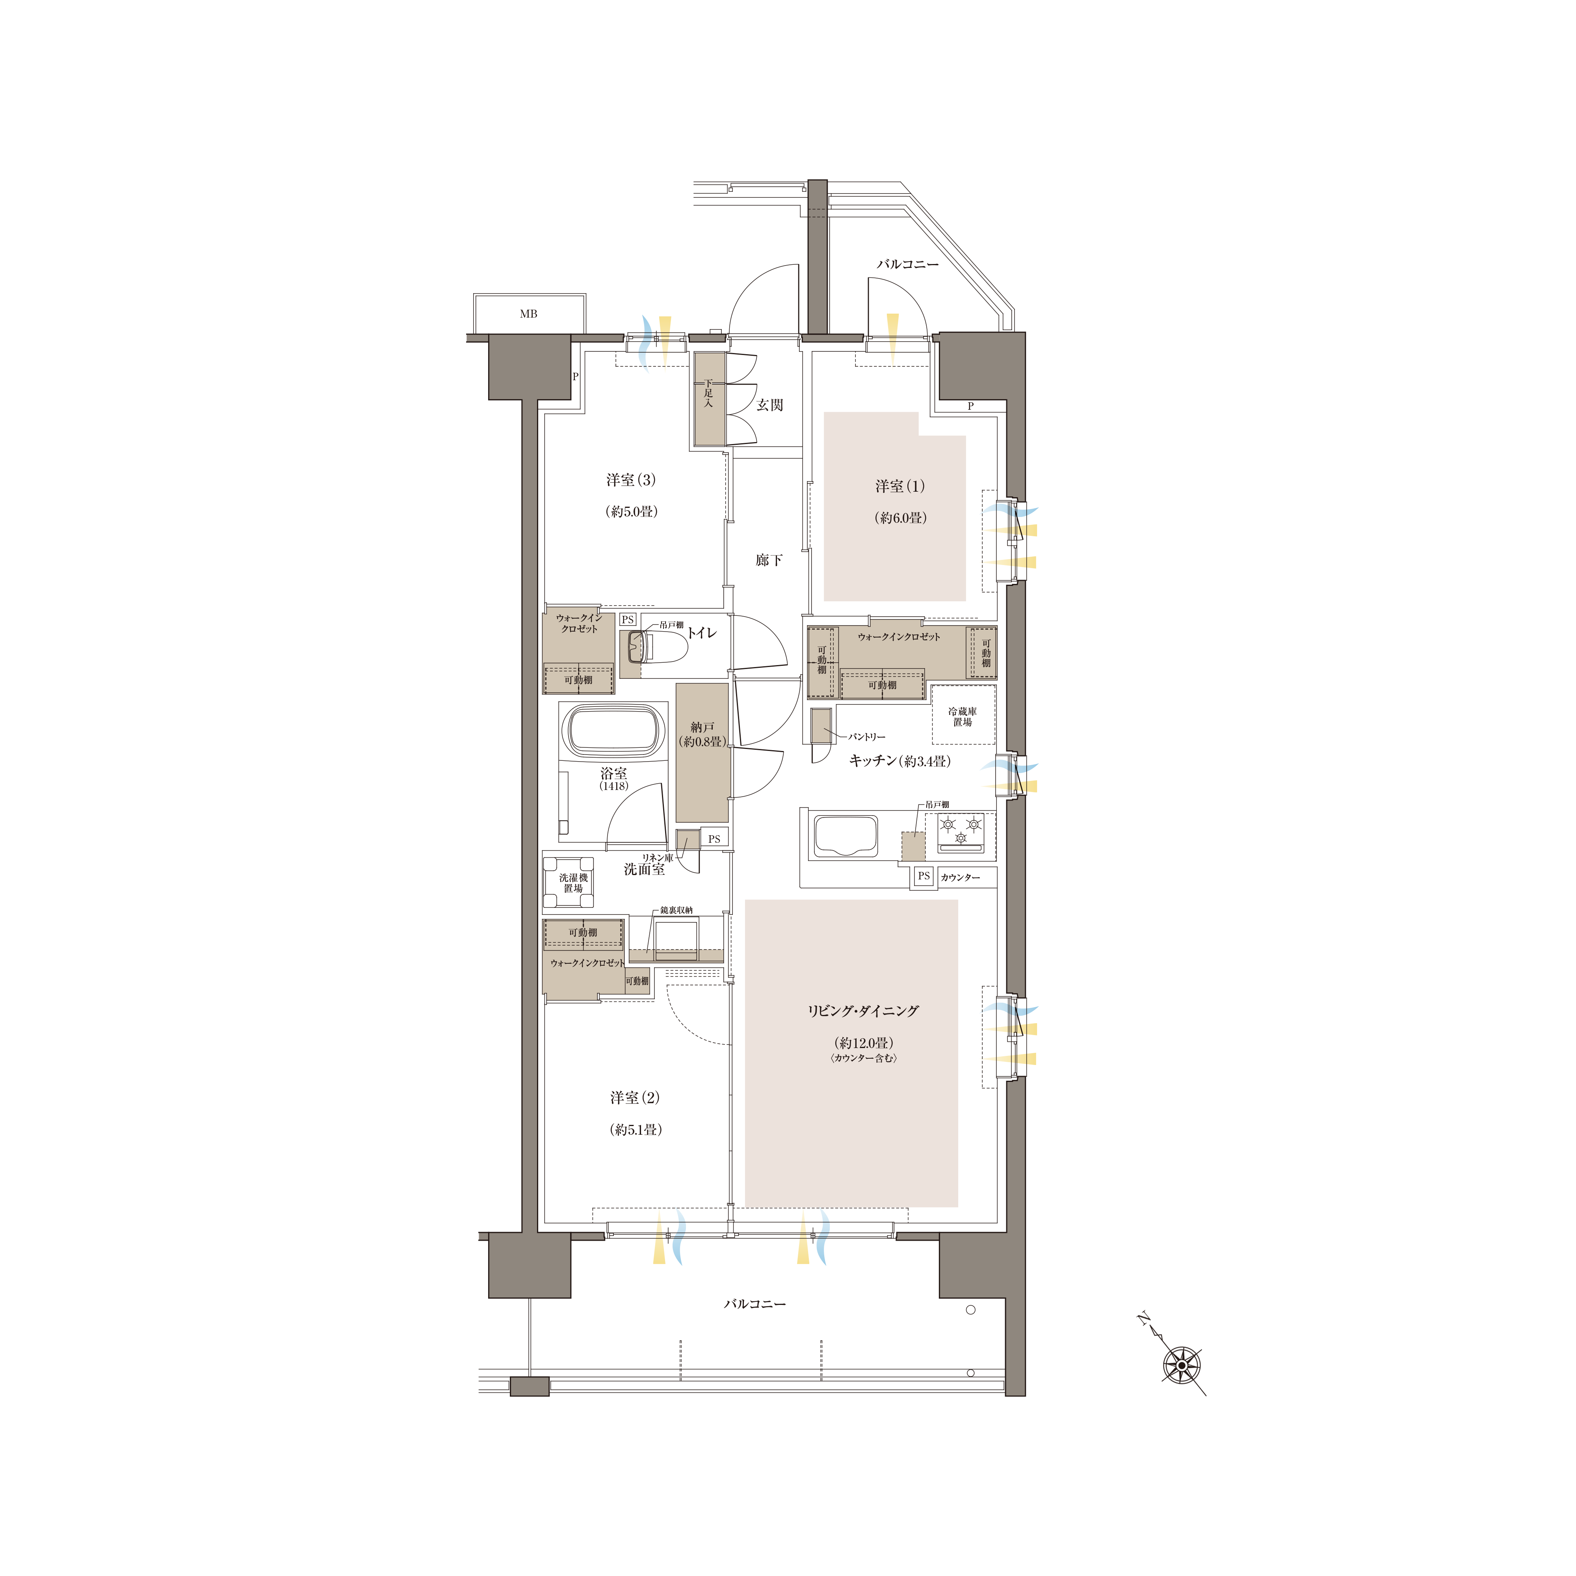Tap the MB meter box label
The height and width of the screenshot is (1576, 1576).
click(x=529, y=314)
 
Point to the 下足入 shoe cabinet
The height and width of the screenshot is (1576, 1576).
click(x=709, y=399)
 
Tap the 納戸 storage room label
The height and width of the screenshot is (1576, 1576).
click(x=703, y=727)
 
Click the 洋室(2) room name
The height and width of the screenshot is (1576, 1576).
click(x=635, y=1098)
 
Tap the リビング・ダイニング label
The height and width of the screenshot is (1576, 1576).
click(x=863, y=1011)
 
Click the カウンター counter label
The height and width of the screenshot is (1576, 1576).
click(x=960, y=878)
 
